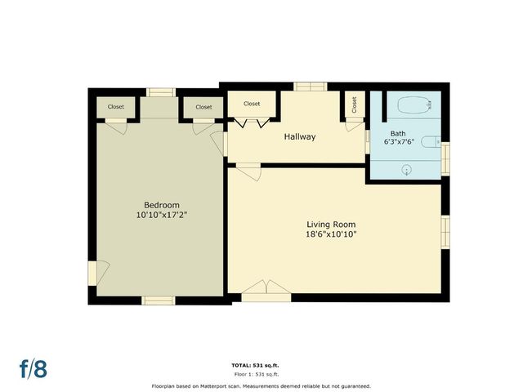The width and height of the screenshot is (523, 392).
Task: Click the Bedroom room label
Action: [x=161, y=205]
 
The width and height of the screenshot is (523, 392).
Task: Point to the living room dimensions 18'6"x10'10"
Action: [x=331, y=234]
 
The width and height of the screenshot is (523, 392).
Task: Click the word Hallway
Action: [x=299, y=136]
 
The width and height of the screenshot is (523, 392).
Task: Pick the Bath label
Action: [x=398, y=133]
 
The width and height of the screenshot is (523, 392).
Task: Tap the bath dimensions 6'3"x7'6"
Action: [x=399, y=141]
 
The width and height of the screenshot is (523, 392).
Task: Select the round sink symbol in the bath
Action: [x=407, y=169]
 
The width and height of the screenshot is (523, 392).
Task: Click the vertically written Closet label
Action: [x=355, y=105]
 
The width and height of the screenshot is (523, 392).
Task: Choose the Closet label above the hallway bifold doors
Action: [x=252, y=104]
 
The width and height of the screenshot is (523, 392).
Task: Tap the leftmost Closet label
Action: [x=116, y=107]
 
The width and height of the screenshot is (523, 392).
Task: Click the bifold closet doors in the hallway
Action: [x=252, y=123]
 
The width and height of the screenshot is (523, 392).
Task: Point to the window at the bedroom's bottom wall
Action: [x=159, y=300]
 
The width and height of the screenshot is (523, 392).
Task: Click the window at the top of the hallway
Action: [x=308, y=86]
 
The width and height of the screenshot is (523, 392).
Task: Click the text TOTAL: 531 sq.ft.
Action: [x=261, y=365]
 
